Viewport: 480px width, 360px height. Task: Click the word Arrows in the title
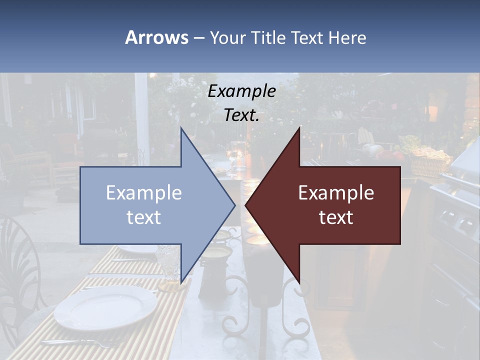tap(156, 37)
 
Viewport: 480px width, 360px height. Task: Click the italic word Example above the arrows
tap(242, 91)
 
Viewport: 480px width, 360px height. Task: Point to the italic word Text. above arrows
tap(242, 115)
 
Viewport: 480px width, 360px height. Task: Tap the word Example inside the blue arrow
tap(144, 193)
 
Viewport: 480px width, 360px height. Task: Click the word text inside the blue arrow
tap(144, 217)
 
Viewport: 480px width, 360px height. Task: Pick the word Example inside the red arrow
tap(336, 193)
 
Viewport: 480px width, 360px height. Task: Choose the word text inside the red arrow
tap(336, 217)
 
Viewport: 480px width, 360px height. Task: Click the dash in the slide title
tap(198, 38)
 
